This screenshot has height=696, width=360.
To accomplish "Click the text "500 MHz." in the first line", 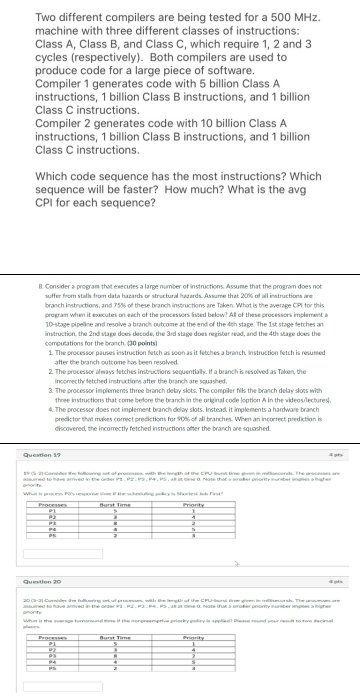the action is [294, 16].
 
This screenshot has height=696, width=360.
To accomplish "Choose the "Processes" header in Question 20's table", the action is [50, 636].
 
